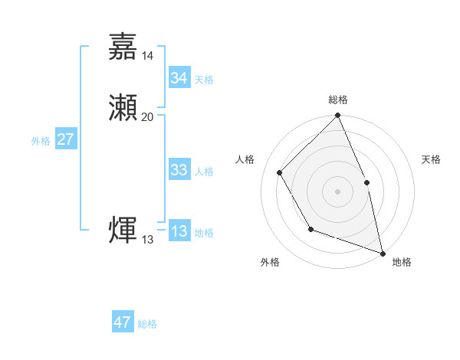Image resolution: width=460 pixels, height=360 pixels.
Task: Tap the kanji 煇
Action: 123,230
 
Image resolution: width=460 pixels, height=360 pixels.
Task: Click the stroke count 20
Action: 148,116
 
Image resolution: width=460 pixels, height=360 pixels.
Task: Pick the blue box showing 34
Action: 179,78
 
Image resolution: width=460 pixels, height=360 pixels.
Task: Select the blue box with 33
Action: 179,170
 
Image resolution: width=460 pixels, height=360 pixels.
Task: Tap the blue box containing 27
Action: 66,139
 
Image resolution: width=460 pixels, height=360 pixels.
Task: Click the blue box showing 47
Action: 123,322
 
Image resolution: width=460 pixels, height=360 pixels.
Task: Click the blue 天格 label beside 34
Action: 204,80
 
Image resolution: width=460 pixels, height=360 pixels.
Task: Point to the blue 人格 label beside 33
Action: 204,172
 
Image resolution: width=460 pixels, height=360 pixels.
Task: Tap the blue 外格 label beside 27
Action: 41,141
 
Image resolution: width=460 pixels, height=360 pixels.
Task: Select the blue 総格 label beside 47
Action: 147,324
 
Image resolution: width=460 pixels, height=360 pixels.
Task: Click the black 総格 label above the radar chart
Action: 337,100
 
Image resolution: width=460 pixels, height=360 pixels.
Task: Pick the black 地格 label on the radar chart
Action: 402,262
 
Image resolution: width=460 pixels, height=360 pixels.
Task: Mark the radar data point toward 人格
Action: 280,172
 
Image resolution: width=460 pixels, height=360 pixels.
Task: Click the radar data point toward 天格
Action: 366,182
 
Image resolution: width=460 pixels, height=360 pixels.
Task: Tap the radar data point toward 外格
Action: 310,228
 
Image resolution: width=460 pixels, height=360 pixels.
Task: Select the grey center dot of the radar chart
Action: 337,191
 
